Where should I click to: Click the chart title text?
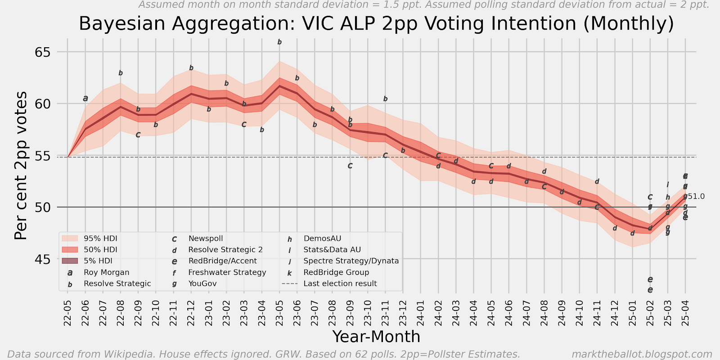click(376, 23)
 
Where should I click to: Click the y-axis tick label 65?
click(43, 52)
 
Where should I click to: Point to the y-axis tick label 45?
click(43, 260)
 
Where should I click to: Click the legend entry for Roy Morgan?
click(106, 272)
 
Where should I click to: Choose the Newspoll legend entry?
click(205, 238)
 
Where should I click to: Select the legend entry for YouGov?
click(202, 283)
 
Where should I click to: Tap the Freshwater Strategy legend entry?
click(227, 272)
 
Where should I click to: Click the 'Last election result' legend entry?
click(340, 283)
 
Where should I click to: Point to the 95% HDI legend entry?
click(100, 238)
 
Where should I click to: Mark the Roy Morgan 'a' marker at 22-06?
click(85, 98)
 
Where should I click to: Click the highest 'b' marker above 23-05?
click(279, 42)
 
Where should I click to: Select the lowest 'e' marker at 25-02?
click(650, 290)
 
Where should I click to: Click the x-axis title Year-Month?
click(376, 337)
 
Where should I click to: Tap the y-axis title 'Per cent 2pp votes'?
click(21, 166)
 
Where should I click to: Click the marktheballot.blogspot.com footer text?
click(642, 354)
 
